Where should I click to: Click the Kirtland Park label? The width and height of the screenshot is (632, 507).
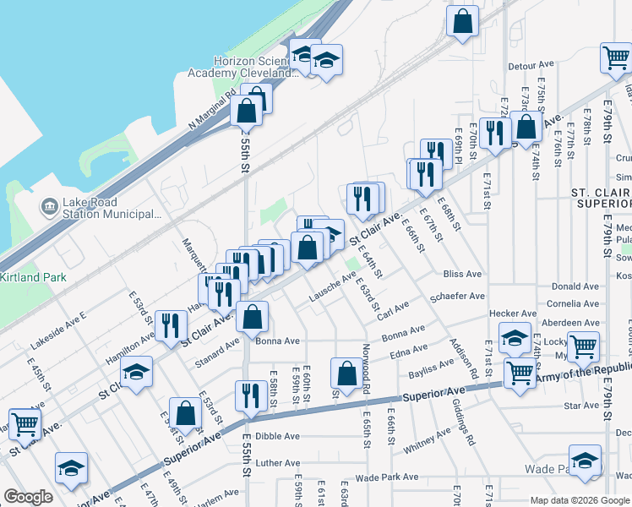(x=28, y=277)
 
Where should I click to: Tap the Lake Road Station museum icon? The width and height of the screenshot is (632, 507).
(x=50, y=205)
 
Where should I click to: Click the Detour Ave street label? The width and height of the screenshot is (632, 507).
(x=530, y=65)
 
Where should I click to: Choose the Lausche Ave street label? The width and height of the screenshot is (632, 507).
(x=332, y=287)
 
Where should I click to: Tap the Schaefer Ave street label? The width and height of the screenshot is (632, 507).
(x=457, y=297)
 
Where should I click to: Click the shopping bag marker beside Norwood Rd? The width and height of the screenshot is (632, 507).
(x=346, y=372)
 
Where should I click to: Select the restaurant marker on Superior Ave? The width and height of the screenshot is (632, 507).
(x=250, y=395)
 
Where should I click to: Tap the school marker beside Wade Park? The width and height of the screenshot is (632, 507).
(x=584, y=461)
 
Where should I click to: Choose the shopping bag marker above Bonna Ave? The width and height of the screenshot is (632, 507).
(x=252, y=317)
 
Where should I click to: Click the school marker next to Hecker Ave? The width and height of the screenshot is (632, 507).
(x=514, y=339)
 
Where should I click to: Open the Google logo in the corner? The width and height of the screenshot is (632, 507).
(x=28, y=498)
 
